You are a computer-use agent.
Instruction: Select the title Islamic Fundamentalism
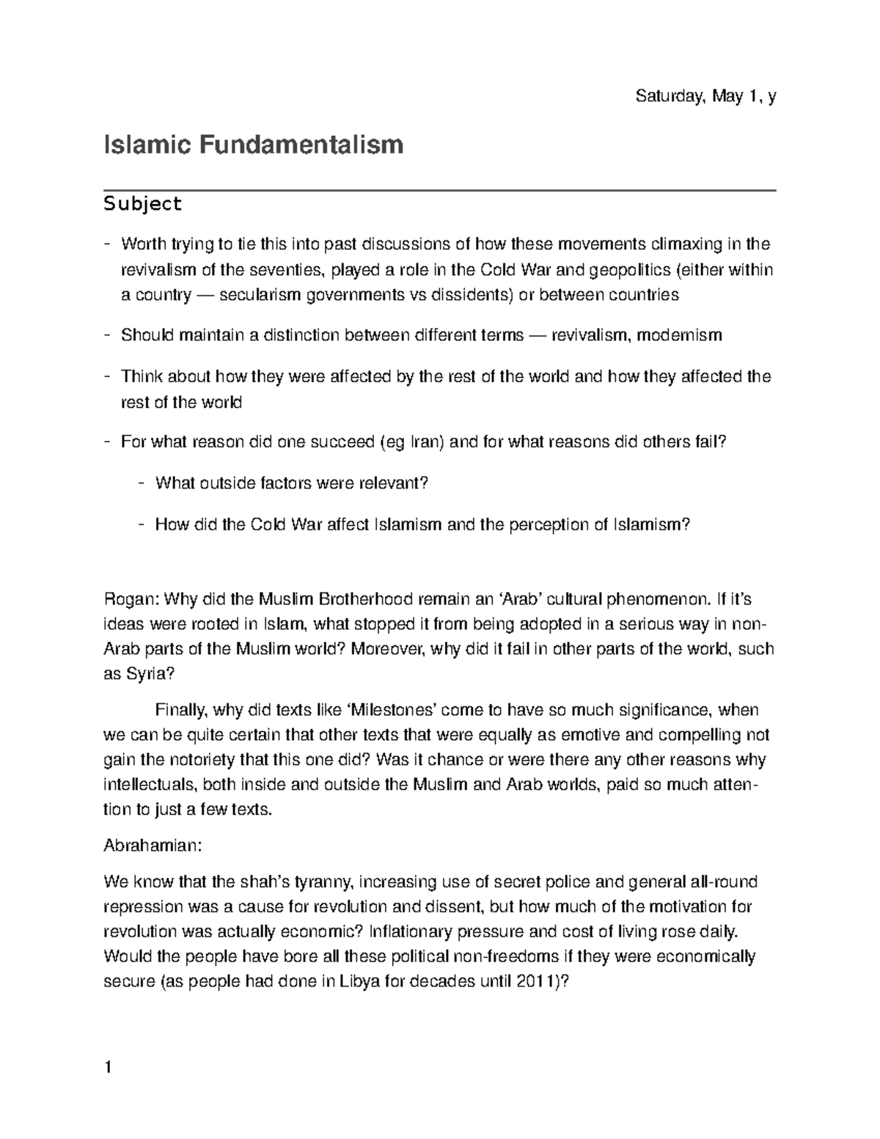254,144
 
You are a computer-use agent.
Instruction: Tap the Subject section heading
143,203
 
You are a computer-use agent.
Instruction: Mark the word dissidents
474,295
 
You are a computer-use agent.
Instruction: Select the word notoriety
200,760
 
